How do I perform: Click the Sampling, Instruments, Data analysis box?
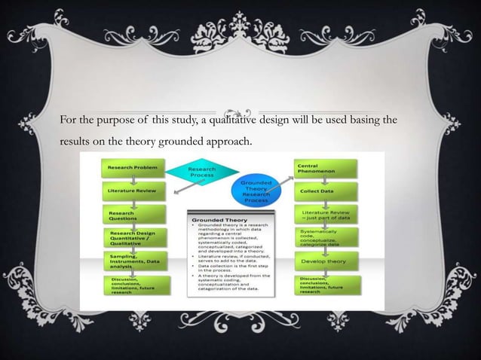133,262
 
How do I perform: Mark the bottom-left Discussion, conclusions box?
133,285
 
